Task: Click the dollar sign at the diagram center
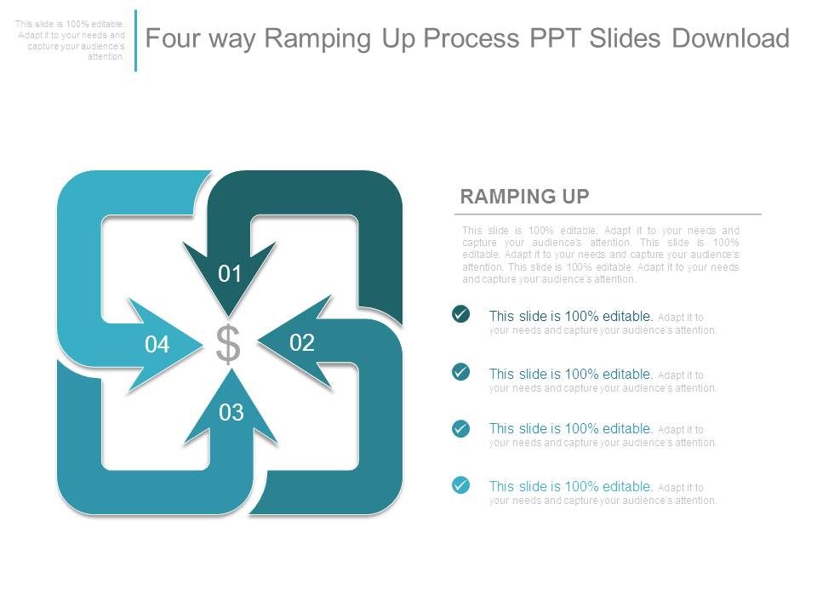(227, 344)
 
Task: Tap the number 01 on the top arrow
(231, 274)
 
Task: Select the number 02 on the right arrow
(302, 343)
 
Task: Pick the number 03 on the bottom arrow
(231, 413)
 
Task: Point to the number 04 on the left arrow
(157, 345)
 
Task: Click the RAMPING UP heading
(524, 197)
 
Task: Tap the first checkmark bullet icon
(460, 315)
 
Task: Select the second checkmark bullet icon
(460, 372)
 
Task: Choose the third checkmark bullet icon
(460, 428)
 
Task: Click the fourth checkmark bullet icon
(460, 485)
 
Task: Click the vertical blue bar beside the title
(135, 40)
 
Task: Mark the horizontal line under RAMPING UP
(608, 215)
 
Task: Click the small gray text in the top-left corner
(71, 41)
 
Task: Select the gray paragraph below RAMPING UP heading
(600, 255)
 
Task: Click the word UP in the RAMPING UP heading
(573, 197)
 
